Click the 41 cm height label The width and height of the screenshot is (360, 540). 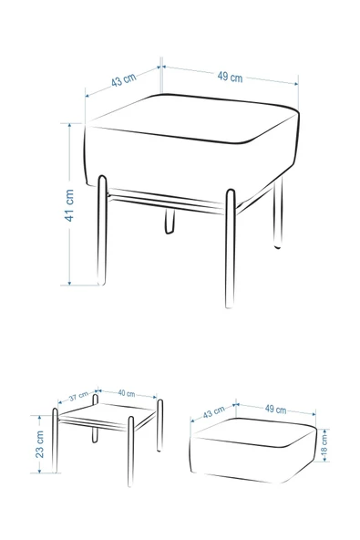(x=69, y=205)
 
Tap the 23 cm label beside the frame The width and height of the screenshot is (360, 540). (x=40, y=444)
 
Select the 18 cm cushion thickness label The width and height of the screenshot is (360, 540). (x=324, y=446)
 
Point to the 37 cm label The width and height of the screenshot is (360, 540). (x=78, y=397)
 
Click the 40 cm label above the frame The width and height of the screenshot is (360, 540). (x=127, y=393)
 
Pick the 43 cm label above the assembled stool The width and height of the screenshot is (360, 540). (x=124, y=80)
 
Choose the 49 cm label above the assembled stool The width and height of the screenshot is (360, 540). (x=230, y=77)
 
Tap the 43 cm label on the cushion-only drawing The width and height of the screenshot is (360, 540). (x=214, y=412)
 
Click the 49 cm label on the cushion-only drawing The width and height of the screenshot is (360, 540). (x=275, y=410)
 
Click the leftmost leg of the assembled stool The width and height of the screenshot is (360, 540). (x=102, y=230)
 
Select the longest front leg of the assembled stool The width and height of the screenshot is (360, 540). (x=231, y=248)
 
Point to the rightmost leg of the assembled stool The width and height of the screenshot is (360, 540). (x=278, y=213)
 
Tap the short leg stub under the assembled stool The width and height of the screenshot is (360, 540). (x=170, y=221)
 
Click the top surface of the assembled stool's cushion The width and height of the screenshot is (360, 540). (x=191, y=118)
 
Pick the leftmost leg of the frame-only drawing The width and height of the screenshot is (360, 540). (x=55, y=441)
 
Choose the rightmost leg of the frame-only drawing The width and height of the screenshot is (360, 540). (x=159, y=425)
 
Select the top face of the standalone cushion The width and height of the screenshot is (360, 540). (x=254, y=431)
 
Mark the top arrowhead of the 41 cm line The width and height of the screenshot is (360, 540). (x=69, y=126)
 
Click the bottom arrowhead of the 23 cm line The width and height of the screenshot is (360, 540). (x=40, y=470)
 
